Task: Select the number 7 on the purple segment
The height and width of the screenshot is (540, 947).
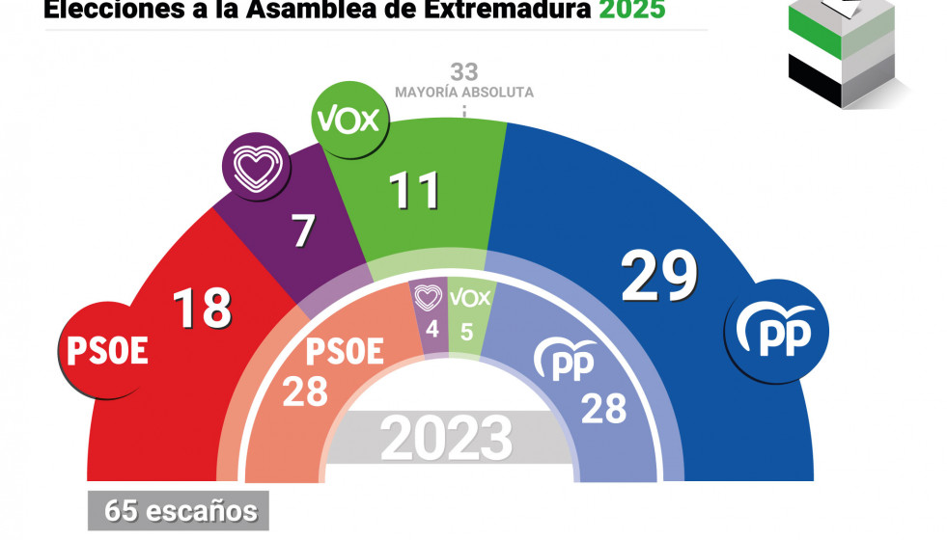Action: pos(304,231)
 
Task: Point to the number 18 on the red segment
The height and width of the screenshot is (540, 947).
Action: pos(203,308)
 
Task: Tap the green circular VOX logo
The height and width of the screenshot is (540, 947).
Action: pos(348,121)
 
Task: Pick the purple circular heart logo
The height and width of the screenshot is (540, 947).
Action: pos(252,166)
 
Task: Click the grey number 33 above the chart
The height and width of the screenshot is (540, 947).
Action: pos(463,71)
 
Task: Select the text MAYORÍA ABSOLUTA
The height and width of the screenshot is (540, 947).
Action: pos(463,93)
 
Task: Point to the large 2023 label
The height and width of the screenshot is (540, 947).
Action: pos(446,439)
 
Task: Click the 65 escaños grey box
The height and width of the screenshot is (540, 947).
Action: pos(179,510)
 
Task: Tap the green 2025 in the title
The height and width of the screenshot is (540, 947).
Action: pos(631,12)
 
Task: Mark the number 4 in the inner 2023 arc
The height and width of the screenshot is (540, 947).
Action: pos(432,330)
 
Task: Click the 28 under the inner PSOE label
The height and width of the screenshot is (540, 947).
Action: pos(305,391)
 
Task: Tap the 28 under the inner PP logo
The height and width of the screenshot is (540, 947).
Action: pos(603,408)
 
